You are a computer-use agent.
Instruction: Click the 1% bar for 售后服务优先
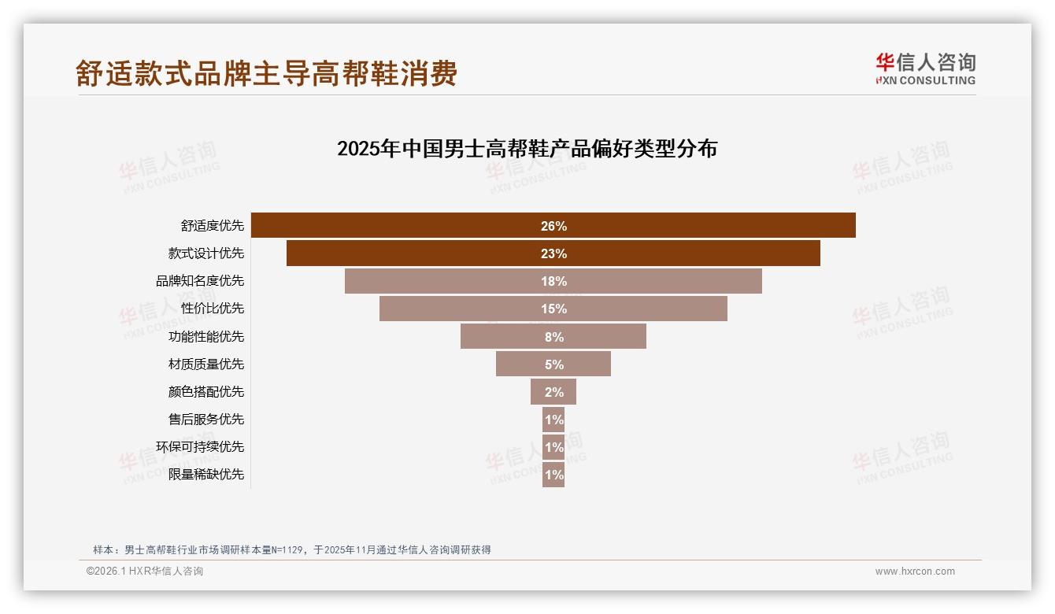553,420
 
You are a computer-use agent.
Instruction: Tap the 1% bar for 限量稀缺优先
553,475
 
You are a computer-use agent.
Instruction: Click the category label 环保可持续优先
200,447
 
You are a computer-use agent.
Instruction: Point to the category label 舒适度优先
213,226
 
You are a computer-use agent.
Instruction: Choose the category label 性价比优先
213,309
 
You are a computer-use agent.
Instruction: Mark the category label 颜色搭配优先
206,391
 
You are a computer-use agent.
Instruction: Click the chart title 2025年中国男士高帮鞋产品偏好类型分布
527,149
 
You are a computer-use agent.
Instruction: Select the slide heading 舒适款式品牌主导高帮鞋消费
266,74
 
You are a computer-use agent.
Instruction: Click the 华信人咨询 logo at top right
925,69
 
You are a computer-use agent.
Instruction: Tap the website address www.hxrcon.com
915,571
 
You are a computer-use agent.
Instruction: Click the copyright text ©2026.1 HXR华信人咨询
145,571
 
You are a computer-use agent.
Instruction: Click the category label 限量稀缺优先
206,475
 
